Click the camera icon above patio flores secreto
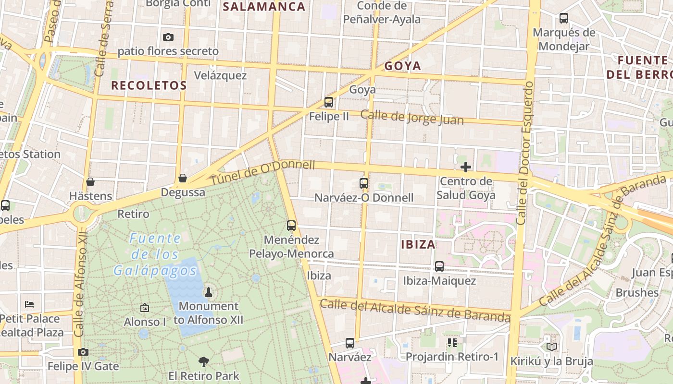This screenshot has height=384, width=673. coord(168,37)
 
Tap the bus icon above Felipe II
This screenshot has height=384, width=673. coord(329,102)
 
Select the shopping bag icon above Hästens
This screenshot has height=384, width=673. coord(90,182)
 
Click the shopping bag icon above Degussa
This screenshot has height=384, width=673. coord(183,179)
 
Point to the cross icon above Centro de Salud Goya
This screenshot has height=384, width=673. coord(465,167)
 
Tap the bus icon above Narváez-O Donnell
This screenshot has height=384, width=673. coord(364,183)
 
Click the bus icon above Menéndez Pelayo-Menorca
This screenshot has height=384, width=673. coord(291,225)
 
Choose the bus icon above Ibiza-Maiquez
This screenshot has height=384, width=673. coord(439,266)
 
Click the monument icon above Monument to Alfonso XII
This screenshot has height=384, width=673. coord(209,292)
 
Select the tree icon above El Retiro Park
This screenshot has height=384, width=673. coord(204,361)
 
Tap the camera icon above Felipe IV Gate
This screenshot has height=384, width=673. coord(83,352)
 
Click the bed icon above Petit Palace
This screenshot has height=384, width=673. coord(29,304)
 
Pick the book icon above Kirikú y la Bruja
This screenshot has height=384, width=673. coord(551,347)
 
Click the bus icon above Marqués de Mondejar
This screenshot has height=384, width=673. coord(564,18)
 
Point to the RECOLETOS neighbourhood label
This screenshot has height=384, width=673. coord(149,85)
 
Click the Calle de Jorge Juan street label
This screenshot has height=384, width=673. coord(412,117)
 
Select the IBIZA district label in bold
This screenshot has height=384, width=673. coord(418,244)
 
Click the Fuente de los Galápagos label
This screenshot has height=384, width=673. coord(156,254)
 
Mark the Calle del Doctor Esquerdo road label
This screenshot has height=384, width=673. coord(525,153)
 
